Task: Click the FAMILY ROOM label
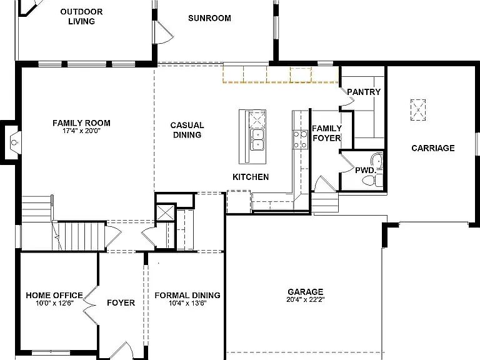click(x=81, y=123)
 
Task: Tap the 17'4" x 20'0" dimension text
click(x=81, y=131)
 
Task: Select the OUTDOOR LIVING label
click(x=82, y=17)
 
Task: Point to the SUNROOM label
click(x=209, y=18)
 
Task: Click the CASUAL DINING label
click(x=187, y=130)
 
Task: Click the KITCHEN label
click(x=251, y=177)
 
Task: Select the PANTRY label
click(x=363, y=92)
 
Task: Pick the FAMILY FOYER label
click(x=326, y=133)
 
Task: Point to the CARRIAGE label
click(x=432, y=148)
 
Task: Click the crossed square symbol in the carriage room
click(x=417, y=109)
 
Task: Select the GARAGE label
click(x=305, y=291)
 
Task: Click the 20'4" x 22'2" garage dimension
click(x=305, y=299)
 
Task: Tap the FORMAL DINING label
click(x=187, y=295)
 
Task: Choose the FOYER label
click(x=121, y=302)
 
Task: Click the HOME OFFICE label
click(x=54, y=295)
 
